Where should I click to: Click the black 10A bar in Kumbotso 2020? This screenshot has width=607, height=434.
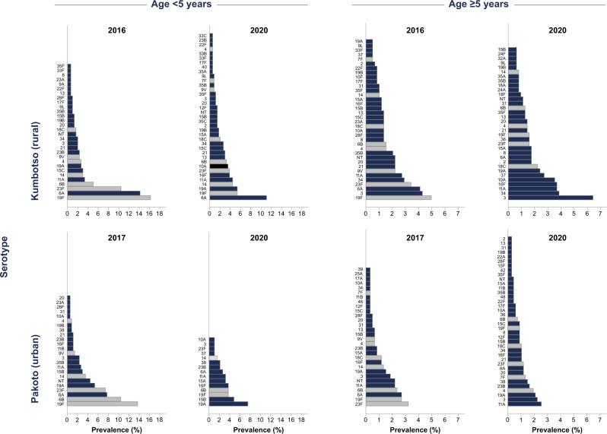[219, 166]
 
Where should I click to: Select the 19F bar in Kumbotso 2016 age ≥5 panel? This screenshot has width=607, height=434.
[399, 198]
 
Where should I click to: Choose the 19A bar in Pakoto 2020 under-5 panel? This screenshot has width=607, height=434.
[229, 404]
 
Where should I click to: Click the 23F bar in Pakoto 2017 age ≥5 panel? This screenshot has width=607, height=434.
[387, 404]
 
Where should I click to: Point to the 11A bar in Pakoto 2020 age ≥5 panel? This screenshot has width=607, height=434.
[525, 404]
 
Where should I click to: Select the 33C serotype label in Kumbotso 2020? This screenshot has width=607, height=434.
[203, 35]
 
